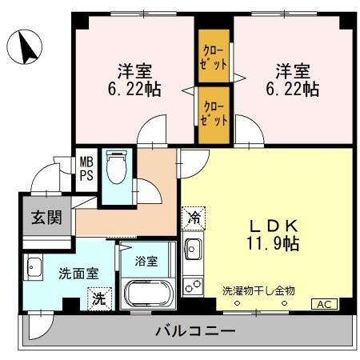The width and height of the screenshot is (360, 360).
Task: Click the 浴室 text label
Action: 145,261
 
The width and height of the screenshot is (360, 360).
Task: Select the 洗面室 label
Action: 78,273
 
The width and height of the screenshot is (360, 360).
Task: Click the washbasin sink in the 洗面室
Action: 34,266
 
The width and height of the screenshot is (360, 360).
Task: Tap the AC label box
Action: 324,304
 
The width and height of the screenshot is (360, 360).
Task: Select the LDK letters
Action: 272,225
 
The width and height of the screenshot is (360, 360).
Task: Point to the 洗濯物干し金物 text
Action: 258,290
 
